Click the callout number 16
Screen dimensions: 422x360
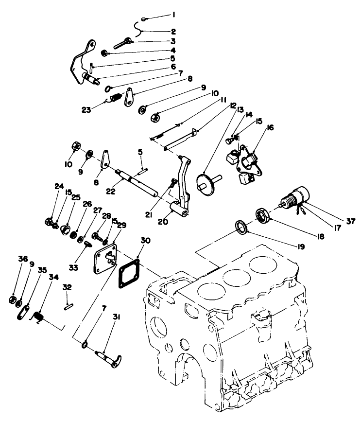(270, 128)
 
